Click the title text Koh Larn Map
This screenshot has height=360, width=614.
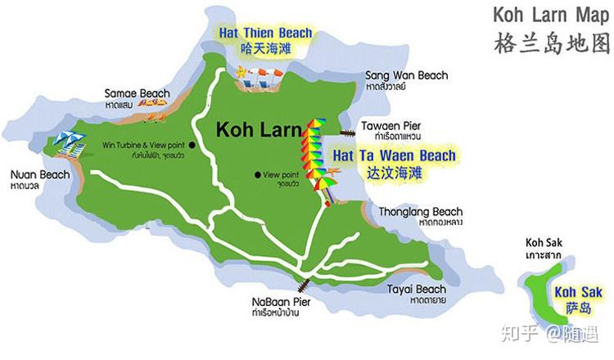click(x=552, y=16)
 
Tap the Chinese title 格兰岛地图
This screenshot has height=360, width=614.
click(x=552, y=43)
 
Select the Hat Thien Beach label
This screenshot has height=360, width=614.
click(x=264, y=34)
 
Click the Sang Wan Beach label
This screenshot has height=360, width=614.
click(x=406, y=76)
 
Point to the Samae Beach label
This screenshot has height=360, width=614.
click(x=137, y=93)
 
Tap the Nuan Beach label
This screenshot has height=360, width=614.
click(x=39, y=174)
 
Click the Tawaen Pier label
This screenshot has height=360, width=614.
click(x=391, y=125)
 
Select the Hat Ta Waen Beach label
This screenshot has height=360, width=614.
click(x=394, y=155)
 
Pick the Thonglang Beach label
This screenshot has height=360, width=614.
click(x=420, y=212)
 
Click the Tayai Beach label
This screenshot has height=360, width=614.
click(x=418, y=289)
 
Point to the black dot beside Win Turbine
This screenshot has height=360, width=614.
click(x=192, y=145)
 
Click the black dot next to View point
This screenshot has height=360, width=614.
click(x=257, y=174)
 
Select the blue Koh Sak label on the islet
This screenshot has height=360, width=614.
click(x=577, y=292)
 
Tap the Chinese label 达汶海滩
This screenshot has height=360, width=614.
click(x=394, y=173)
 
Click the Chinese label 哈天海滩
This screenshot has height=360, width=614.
click(x=264, y=48)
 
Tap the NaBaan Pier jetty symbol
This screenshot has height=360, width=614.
click(x=303, y=284)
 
